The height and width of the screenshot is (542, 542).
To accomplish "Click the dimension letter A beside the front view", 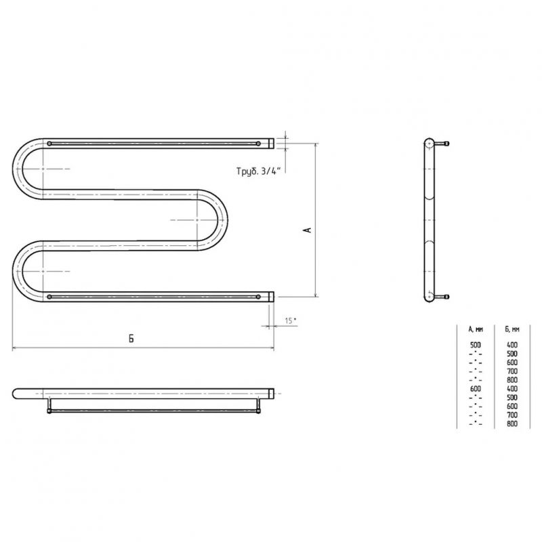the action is coord(309,230).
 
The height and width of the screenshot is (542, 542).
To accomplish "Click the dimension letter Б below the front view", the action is coord(131,339).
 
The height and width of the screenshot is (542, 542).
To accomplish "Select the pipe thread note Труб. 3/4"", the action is coord(257,171).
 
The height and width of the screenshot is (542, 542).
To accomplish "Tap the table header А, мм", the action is coord(476,329).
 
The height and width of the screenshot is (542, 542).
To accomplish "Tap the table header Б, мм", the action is coord(512,329).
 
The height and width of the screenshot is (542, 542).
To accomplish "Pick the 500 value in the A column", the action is coord(476,345).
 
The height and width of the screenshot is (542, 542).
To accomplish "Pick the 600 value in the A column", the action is coord(476,389).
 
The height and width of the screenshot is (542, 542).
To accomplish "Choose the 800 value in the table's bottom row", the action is coord(512,424).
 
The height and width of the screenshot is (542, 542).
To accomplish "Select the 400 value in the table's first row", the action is coord(512,345).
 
